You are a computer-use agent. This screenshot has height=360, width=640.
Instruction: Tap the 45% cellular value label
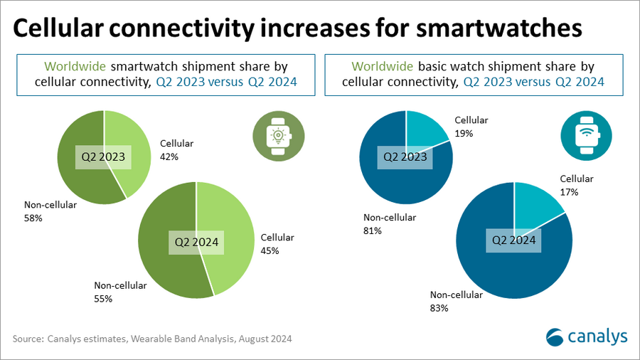click(270, 250)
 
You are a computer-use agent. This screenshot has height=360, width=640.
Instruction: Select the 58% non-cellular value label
click(33, 218)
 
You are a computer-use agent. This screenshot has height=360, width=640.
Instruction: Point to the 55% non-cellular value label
click(104, 298)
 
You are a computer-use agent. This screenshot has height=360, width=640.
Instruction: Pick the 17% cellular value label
click(569, 191)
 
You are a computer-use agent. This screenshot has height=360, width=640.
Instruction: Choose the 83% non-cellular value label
click(439, 307)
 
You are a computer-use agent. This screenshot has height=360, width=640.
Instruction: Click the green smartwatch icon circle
click(274, 135)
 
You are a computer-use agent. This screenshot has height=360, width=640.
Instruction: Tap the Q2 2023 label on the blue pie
click(406, 156)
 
